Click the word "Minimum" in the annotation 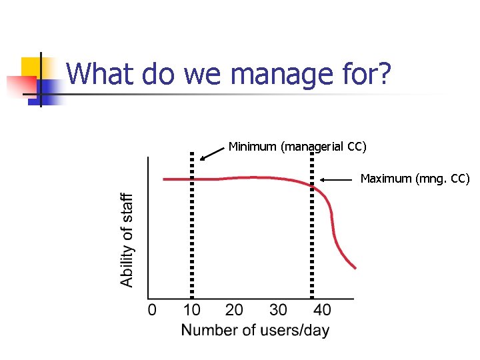pos(253,146)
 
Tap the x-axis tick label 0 pos(152,310)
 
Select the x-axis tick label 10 pos(191,310)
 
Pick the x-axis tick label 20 pos(234,310)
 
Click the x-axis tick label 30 pos(278,310)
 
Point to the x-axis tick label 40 pos(322,310)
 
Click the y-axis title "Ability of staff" pos(127,240)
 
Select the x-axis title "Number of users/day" pos(255,330)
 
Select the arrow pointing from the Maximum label pos(337,179)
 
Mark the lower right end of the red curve pos(355,267)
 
